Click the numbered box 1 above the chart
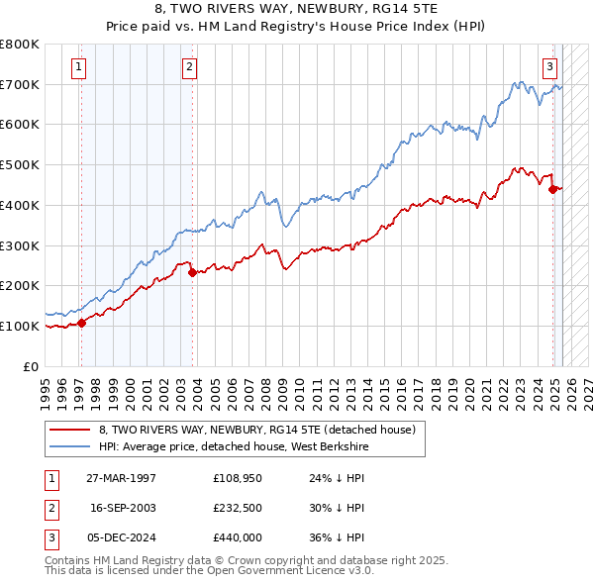[78, 67]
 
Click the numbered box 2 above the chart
[188, 67]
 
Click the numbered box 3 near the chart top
[548, 67]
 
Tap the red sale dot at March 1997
[82, 322]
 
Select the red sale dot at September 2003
[192, 272]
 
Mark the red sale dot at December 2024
[553, 189]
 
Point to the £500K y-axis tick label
[19, 164]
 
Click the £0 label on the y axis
[31, 366]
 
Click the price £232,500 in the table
[238, 507]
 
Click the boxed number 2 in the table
[50, 507]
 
